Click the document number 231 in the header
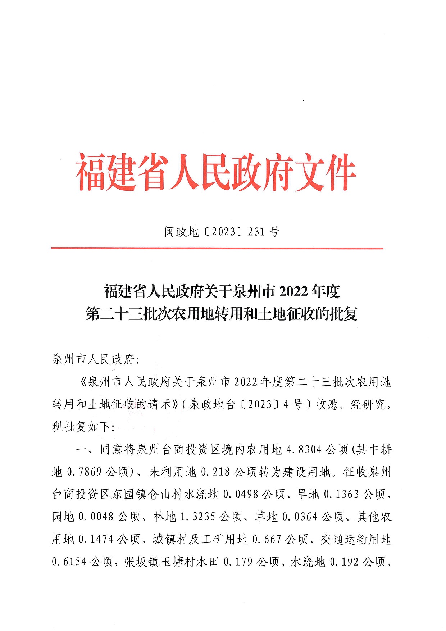256,232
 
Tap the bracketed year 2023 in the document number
223,232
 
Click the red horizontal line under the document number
217,248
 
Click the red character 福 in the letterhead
91,172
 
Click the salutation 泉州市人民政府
93,359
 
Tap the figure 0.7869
85,472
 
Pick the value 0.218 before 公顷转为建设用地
215,472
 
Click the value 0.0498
241,494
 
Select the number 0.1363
341,494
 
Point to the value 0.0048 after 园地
96,517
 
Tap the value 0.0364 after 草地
300,517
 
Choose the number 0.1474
96,539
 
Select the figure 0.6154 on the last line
69,562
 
